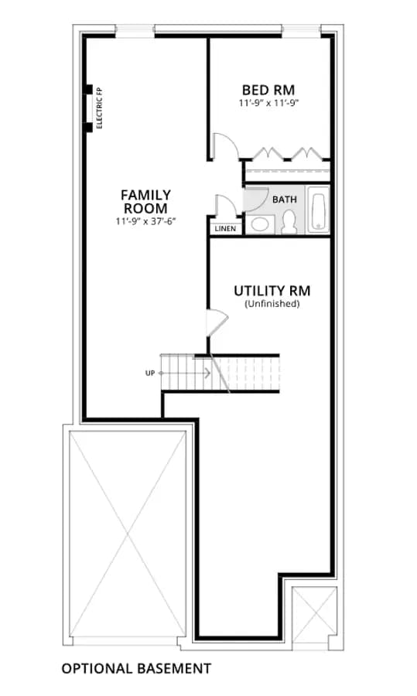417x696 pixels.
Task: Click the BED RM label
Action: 268,90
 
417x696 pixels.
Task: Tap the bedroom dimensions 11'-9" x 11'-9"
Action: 268,104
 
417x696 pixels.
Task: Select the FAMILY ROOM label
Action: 145,202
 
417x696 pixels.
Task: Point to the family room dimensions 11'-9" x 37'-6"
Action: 145,221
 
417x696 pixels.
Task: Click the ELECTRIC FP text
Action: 99,108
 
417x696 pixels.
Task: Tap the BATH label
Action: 285,200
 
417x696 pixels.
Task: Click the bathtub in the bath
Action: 319,210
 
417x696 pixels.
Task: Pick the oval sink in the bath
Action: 258,224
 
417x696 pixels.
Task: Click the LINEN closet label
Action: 226,229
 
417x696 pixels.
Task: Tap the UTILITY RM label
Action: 272,291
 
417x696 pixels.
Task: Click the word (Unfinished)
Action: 272,304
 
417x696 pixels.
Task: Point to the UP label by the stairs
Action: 150,374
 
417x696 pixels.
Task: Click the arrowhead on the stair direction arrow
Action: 208,374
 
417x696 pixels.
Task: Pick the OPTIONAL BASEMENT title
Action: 136,668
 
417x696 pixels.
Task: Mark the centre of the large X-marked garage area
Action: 128,534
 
